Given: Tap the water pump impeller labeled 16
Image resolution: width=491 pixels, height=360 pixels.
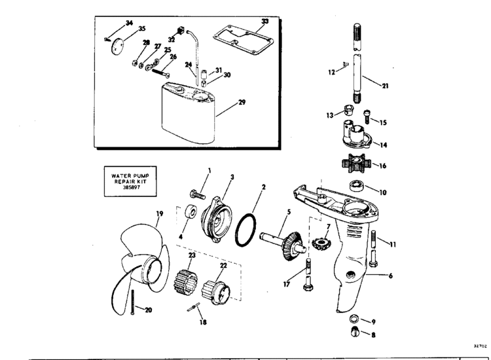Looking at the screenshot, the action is click(x=356, y=164).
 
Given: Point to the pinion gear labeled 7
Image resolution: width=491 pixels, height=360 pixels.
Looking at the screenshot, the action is click(x=321, y=243).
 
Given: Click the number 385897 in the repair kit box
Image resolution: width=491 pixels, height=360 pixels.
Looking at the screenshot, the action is click(x=131, y=187).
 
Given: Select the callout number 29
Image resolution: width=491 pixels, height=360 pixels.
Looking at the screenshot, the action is click(x=242, y=102).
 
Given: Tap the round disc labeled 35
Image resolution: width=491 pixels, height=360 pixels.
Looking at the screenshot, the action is click(x=117, y=46).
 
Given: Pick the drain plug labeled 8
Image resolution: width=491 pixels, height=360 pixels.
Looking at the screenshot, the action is click(x=355, y=331).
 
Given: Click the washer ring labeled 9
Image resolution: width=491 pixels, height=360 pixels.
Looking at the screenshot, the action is click(x=354, y=319).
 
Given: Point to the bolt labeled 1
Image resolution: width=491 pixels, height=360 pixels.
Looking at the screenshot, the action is click(x=197, y=194).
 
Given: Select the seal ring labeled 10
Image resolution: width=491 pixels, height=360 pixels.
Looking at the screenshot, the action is click(x=356, y=185).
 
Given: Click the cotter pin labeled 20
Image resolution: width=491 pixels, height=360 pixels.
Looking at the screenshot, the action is click(x=133, y=302).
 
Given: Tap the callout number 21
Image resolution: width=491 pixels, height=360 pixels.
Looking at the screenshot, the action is click(x=385, y=86).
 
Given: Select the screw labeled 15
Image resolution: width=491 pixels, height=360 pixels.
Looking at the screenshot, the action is click(x=367, y=117).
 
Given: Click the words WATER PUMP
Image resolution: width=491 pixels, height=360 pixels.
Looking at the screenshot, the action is click(x=130, y=176).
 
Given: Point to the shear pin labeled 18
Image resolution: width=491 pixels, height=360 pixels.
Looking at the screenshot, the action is click(x=194, y=307).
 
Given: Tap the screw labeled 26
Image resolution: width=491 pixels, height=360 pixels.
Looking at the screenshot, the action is click(x=161, y=73).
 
